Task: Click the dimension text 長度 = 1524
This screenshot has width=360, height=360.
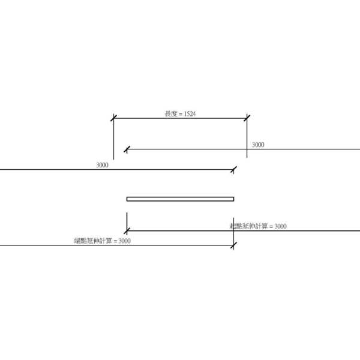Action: click(179, 113)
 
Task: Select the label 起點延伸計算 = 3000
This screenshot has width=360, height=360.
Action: click(258, 226)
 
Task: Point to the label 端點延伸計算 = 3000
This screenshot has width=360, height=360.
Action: click(102, 241)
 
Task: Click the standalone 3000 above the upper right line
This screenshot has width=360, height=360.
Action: click(257, 145)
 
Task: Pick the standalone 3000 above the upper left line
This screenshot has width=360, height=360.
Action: click(102, 164)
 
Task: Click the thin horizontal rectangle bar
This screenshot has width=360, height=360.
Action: click(180, 199)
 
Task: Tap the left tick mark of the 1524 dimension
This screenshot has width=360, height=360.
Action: click(113, 118)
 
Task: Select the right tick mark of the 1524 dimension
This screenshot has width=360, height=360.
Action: click(247, 118)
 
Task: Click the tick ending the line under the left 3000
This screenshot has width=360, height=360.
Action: click(233, 170)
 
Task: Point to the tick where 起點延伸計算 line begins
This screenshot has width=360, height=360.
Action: click(127, 230)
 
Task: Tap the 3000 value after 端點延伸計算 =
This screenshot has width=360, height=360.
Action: click(124, 241)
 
